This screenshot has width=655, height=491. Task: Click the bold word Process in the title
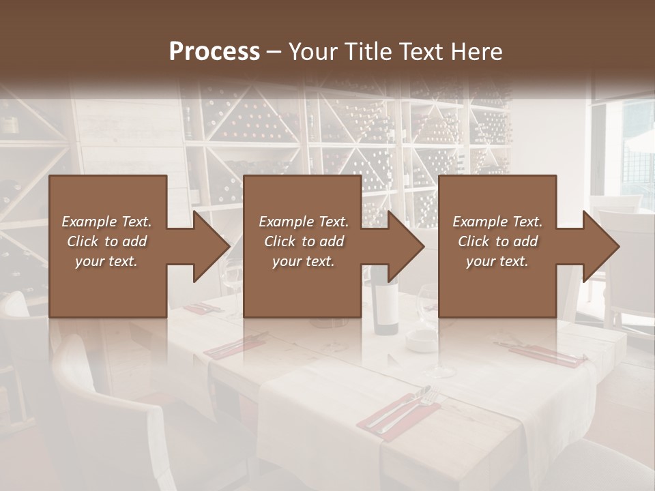pos(214,51)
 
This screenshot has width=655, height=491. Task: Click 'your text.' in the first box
pos(106,261)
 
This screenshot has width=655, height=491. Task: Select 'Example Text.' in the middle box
pos(304,222)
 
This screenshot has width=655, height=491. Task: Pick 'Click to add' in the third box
pos(498,241)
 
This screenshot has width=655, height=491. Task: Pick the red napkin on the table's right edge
pos(546,355)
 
